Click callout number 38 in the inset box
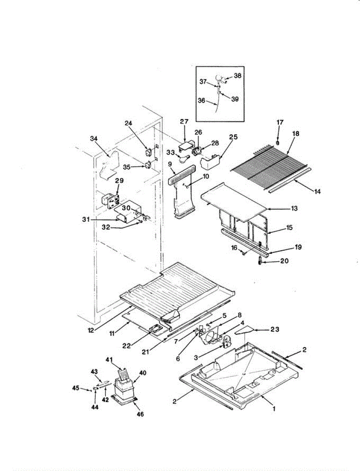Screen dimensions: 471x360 [x=238, y=75]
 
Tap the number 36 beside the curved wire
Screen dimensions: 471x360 [x=201, y=100]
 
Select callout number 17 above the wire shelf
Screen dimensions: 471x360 [x=280, y=122]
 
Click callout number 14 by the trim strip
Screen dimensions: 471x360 [x=317, y=192]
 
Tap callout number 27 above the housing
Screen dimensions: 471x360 [x=185, y=122]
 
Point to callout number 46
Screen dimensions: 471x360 [x=139, y=414]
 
